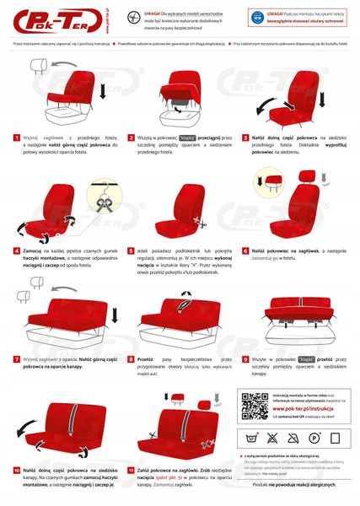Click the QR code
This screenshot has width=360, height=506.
tap(255, 406)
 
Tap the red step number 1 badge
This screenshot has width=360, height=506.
tap(16, 137)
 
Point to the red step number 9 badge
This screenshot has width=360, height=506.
tap(244, 358)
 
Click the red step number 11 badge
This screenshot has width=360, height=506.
tap(132, 469)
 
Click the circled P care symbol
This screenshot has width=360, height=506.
tap(313, 439)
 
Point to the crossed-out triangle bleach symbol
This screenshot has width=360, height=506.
tap(273, 439)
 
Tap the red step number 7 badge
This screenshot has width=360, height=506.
tap(16, 358)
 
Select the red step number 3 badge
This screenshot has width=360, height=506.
tap(244, 137)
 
